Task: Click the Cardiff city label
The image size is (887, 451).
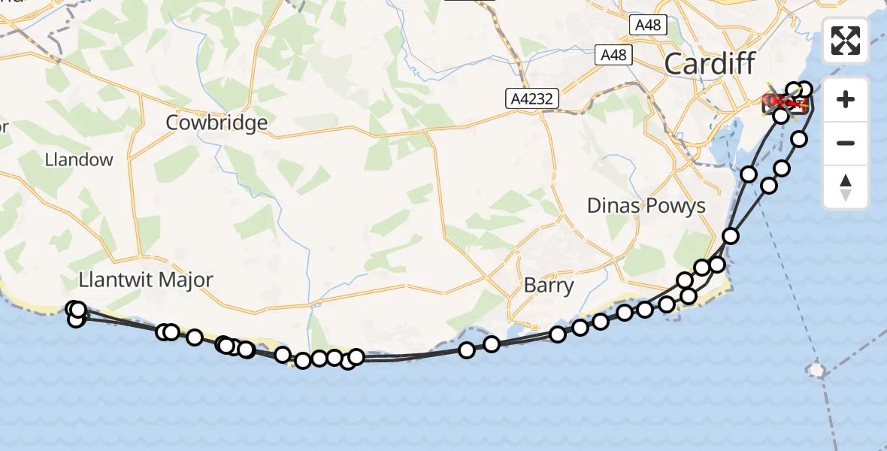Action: pos(709,64)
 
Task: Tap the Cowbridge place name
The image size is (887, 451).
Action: pos(216,123)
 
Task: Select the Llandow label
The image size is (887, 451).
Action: pos(79,159)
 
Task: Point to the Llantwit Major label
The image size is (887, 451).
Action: pos(146,280)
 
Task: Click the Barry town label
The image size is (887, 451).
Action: pos(549,286)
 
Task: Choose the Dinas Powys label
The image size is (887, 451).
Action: pos(646,206)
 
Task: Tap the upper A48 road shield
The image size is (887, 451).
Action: pos(647,25)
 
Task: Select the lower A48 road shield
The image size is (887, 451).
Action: pos(613,54)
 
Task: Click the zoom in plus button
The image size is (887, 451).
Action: pos(846,99)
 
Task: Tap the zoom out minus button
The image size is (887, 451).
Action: pos(846,143)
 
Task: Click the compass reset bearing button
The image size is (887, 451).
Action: pos(846,186)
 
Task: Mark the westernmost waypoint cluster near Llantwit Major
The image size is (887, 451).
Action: pos(76,313)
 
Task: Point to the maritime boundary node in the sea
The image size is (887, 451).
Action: pos(816,370)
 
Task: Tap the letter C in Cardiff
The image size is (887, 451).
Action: pos(675,64)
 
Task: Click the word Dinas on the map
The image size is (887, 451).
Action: pos(613,206)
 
